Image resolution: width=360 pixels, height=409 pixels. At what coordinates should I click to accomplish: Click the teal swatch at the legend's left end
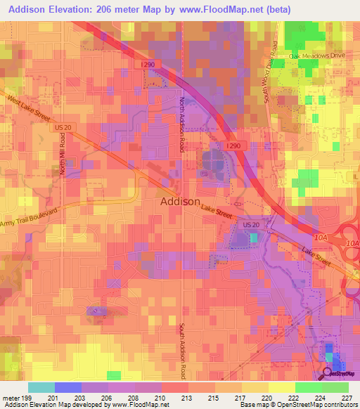(41, 387)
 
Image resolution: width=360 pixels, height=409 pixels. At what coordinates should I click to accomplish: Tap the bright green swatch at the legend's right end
(335, 387)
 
